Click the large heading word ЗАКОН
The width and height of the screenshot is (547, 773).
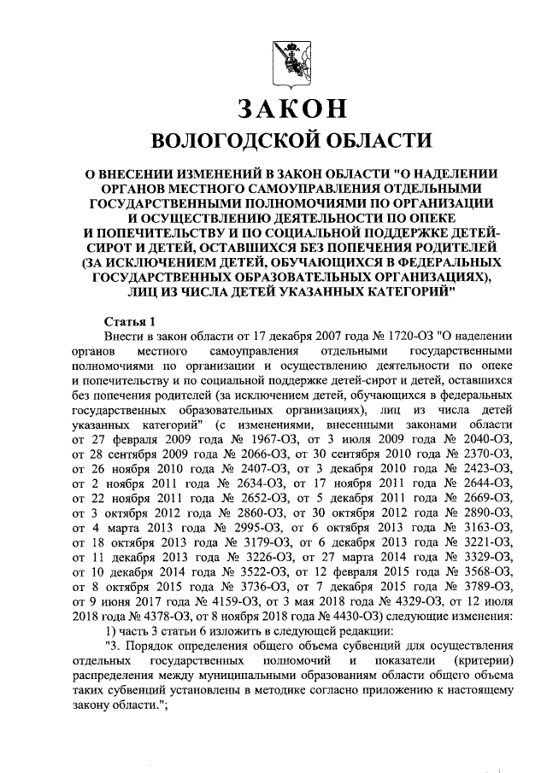click(282, 109)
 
